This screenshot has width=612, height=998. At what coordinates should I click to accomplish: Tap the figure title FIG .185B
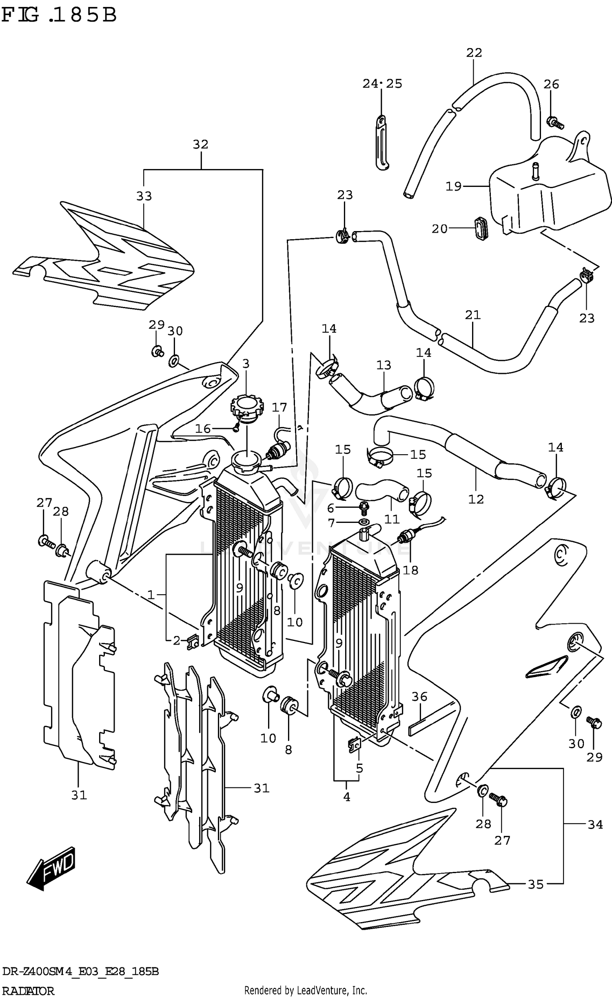[59, 16]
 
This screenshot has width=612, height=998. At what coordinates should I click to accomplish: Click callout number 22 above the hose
[474, 53]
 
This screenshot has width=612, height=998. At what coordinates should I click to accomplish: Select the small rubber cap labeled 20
[481, 229]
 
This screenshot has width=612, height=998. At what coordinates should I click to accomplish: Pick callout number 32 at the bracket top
[200, 144]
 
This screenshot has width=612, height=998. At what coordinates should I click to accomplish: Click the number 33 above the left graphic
[144, 196]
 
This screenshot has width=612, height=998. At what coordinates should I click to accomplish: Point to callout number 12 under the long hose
[476, 499]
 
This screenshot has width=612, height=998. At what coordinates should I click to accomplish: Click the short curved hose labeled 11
[381, 491]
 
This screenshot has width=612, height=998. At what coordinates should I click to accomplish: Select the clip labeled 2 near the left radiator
[193, 644]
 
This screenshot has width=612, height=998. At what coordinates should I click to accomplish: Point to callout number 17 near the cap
[279, 407]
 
